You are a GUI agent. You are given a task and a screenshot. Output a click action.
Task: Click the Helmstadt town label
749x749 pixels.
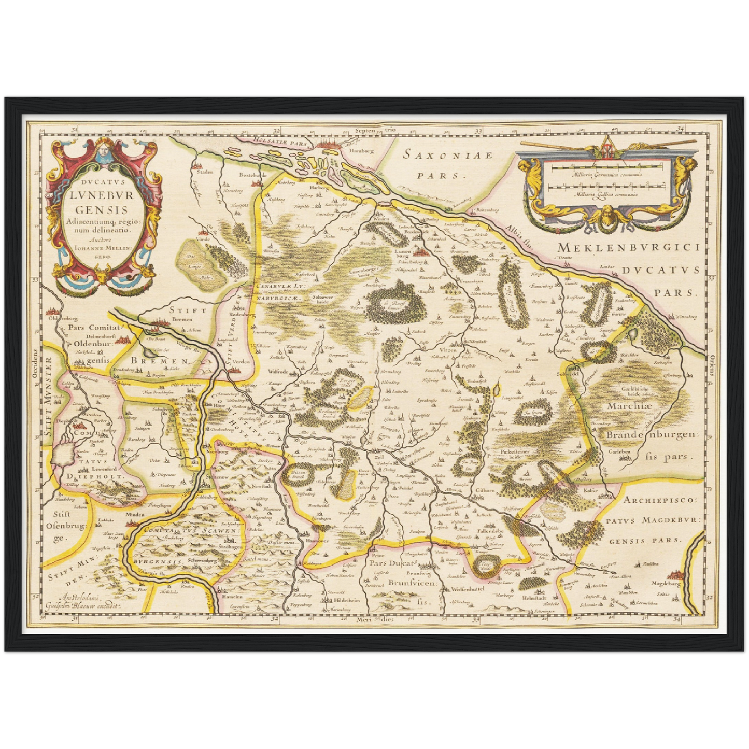point(534,597)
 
